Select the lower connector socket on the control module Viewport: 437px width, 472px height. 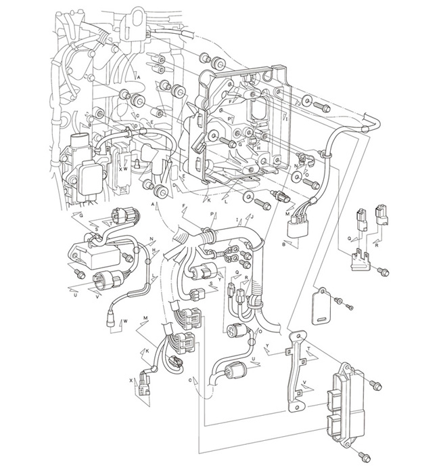338,425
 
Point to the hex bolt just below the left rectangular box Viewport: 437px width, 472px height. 80,274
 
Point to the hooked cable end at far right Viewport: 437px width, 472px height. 371,125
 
